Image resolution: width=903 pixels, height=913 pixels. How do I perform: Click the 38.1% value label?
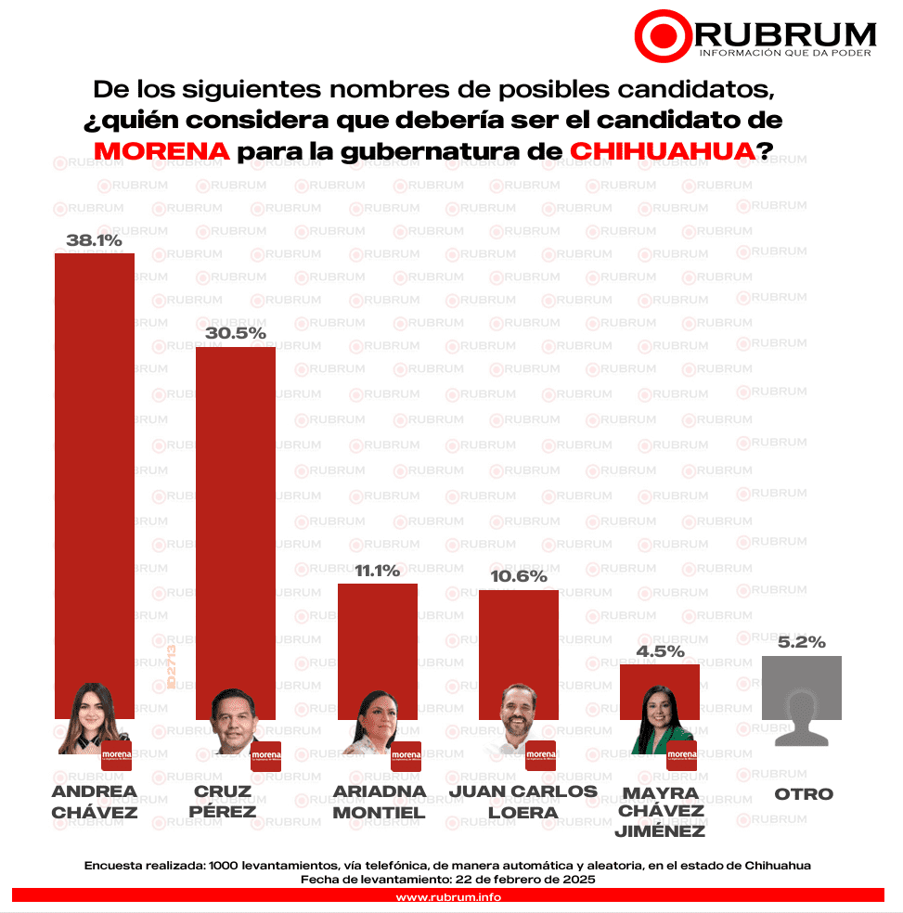[95, 240]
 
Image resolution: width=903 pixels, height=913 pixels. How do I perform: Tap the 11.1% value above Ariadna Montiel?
[377, 571]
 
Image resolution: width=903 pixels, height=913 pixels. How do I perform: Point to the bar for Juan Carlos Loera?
[518, 640]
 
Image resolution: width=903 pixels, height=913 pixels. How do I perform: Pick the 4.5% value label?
[659, 651]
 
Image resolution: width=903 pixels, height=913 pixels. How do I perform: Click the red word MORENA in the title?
[161, 151]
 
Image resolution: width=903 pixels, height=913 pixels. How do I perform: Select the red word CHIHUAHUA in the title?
[659, 151]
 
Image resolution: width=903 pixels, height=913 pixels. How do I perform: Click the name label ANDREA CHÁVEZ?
[95, 802]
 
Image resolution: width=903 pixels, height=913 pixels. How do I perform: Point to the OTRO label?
[804, 794]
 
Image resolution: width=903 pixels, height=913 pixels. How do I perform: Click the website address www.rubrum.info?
[448, 897]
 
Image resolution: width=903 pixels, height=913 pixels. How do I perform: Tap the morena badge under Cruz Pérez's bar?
[265, 755]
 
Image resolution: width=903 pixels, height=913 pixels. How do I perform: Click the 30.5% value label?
[235, 333]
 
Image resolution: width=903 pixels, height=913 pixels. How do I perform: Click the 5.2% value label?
[801, 642]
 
